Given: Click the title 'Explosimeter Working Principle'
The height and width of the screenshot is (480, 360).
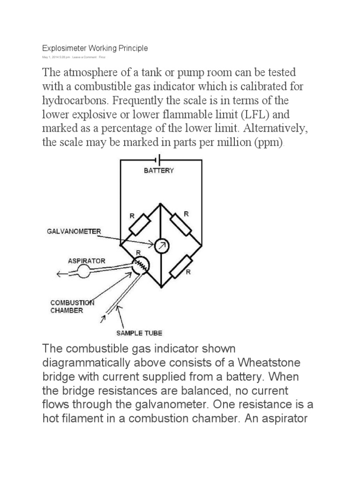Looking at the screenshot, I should [x=95, y=48].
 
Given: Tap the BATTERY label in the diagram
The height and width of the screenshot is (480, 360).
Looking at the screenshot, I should [x=158, y=171].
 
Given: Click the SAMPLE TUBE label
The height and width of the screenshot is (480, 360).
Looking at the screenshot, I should [x=139, y=333].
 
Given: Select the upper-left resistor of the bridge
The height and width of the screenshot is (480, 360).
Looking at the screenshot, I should [x=139, y=224].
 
